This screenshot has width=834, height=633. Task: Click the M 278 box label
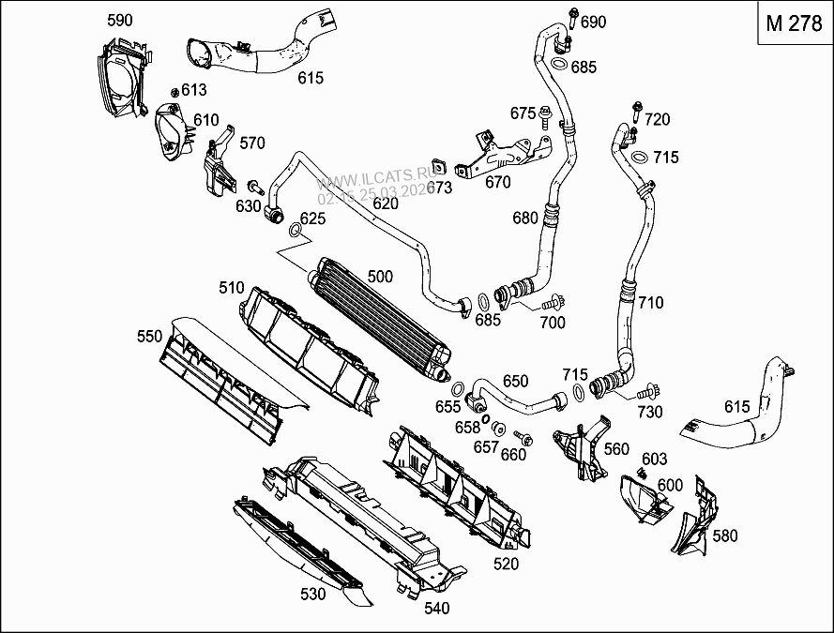794,25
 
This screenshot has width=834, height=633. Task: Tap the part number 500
380,277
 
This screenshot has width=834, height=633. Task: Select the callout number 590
120,21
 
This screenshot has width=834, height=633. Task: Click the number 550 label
150,335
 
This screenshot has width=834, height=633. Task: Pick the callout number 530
313,594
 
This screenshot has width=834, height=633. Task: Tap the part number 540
436,608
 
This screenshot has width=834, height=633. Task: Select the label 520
505,564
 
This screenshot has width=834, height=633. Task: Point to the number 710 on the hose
650,303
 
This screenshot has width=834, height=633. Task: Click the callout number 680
525,219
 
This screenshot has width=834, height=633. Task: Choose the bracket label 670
497,183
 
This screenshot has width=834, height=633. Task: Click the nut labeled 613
174,91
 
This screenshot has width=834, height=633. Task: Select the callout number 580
725,536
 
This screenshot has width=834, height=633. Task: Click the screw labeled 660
523,438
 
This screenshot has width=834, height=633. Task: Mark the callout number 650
515,382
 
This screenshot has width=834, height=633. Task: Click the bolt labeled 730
647,394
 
